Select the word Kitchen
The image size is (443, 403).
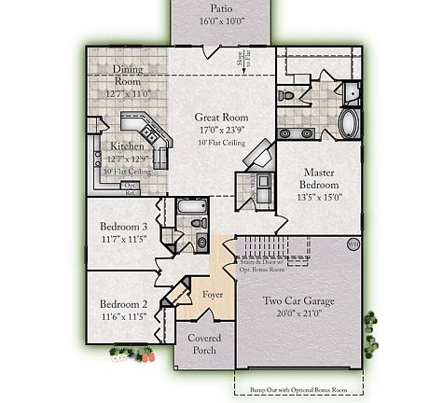(x=128, y=146)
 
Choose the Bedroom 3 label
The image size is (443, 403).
(x=124, y=227)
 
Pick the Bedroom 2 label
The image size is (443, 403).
(x=124, y=304)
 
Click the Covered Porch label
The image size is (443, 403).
(x=204, y=344)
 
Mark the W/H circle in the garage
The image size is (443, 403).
(x=353, y=244)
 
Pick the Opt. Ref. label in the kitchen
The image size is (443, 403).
(x=132, y=188)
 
